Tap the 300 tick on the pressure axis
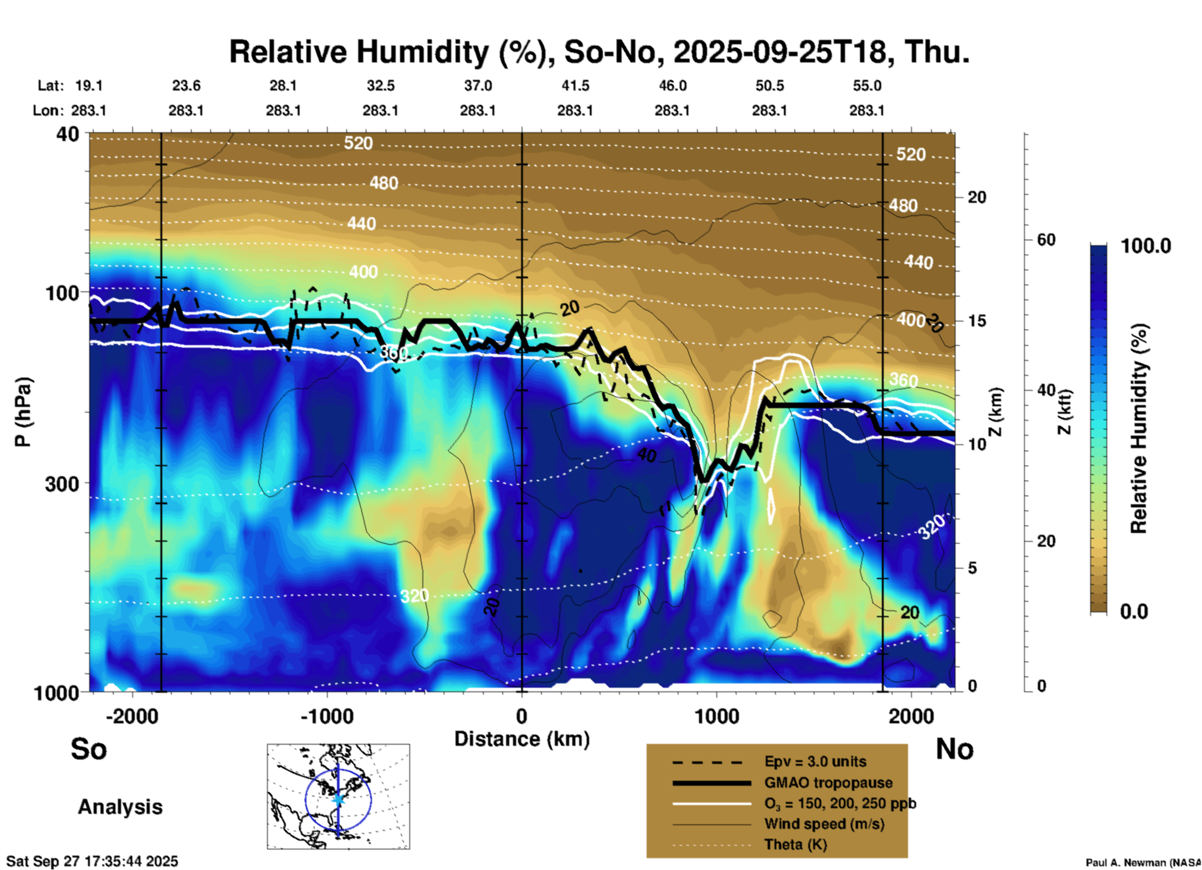[x=62, y=484]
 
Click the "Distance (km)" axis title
[x=522, y=739]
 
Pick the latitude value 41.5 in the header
[x=575, y=86]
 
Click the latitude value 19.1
[x=89, y=86]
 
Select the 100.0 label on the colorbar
[x=1146, y=246]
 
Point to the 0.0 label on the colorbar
[x=1134, y=612]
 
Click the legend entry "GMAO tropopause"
[x=828, y=783]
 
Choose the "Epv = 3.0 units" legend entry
[x=815, y=762]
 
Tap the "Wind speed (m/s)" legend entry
[x=824, y=824]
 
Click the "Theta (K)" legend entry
[x=795, y=844]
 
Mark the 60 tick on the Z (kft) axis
[x=1046, y=240]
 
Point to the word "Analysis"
[x=120, y=807]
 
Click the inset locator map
[x=338, y=796]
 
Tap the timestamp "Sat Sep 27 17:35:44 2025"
[x=92, y=861]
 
